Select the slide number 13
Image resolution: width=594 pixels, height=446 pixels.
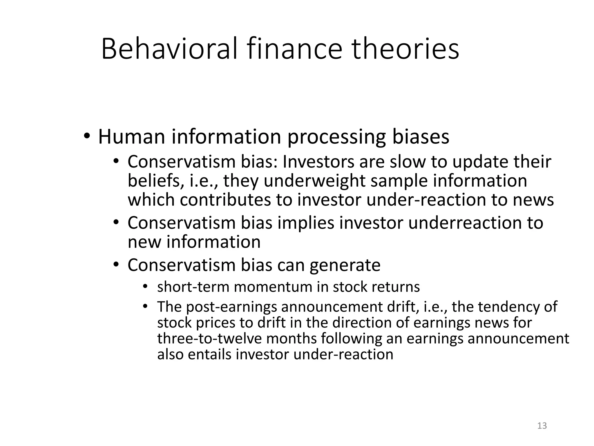(x=542, y=426)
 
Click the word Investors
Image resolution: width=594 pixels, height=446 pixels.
(x=318, y=162)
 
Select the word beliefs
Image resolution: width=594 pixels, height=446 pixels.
(x=155, y=181)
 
